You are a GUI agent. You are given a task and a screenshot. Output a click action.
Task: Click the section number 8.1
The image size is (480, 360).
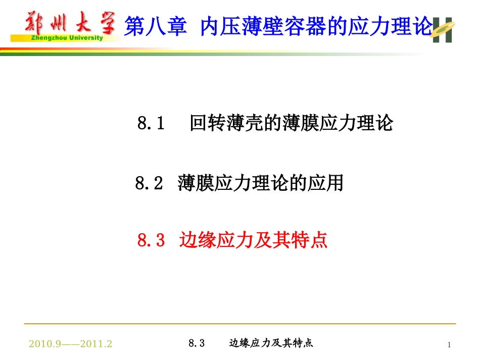click(151, 123)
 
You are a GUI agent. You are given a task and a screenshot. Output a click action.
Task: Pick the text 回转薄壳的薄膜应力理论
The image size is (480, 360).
click(291, 123)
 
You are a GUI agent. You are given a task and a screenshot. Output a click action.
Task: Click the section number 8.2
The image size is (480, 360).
click(149, 183)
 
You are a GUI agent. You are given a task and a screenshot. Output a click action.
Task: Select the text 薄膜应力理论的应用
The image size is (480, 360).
click(260, 183)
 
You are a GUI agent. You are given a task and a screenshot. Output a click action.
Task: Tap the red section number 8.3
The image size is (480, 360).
click(152, 240)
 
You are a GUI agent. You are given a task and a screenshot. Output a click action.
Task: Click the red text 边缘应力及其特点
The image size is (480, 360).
click(254, 240)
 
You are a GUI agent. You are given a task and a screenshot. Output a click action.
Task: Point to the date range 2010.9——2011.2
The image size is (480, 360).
click(70, 344)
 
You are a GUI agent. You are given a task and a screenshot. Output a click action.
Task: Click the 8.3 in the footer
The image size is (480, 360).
click(196, 343)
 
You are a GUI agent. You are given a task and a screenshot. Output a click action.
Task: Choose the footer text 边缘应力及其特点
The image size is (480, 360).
click(271, 343)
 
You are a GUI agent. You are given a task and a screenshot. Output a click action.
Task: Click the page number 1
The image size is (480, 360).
click(449, 345)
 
